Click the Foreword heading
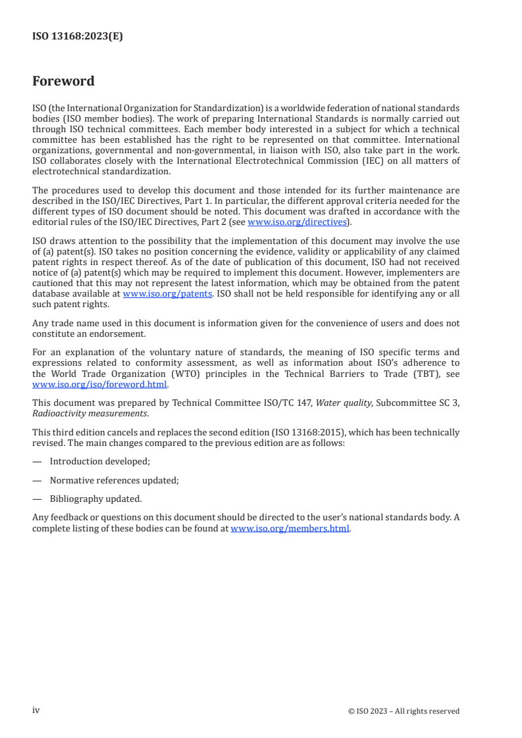tap(63, 82)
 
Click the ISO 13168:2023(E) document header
tap(78, 37)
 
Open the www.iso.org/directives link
tap(297, 222)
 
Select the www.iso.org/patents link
tap(167, 294)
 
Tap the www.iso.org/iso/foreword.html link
tap(100, 385)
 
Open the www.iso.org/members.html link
tap(290, 528)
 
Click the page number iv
tap(36, 710)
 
